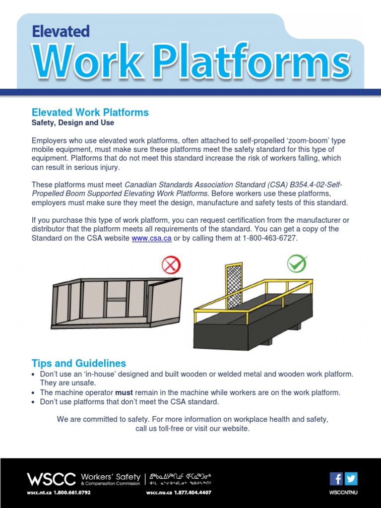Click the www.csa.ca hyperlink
tap(151, 239)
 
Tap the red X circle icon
tap(171, 266)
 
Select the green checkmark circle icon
tap(297, 264)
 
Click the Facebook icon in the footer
tap(336, 478)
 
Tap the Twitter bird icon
tap(351, 478)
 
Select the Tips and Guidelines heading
tap(79, 363)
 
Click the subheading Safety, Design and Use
tap(73, 123)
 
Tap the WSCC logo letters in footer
tap(51, 479)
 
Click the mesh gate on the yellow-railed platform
tap(234, 285)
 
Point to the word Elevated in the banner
tap(61, 32)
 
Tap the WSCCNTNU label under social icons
tap(343, 493)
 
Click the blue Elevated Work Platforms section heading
tap(90, 113)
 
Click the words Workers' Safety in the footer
tap(110, 477)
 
